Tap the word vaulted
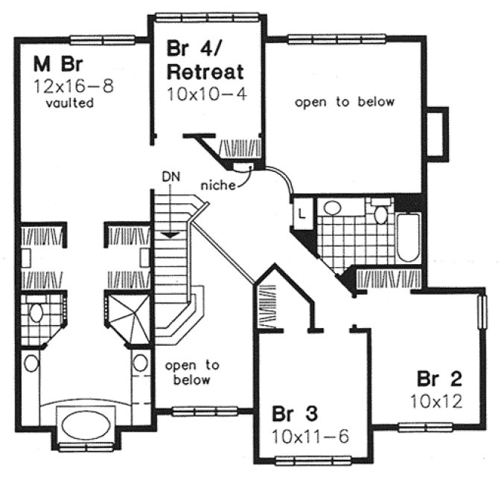69,103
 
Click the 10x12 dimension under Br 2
436,402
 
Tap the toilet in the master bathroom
36,311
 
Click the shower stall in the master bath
126,318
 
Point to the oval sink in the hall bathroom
333,208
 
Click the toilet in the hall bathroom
380,213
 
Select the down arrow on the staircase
170,233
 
